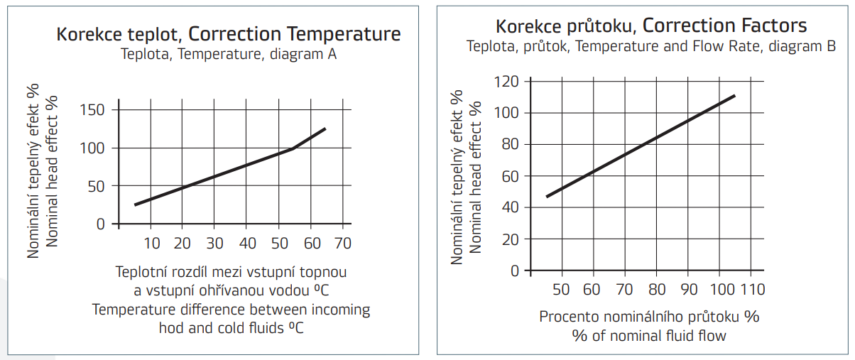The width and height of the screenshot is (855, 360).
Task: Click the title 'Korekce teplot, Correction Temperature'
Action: (228, 34)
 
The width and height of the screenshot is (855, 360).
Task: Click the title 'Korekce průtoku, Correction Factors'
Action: (650, 26)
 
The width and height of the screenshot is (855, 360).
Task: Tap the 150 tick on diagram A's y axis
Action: (92, 110)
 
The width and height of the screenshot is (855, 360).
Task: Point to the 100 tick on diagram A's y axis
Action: (92, 148)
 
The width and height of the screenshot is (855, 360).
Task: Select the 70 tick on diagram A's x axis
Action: (343, 244)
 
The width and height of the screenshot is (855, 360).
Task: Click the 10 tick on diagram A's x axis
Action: (152, 244)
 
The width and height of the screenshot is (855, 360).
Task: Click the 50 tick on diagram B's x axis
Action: (561, 290)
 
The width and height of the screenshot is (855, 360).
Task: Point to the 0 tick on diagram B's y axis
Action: (516, 271)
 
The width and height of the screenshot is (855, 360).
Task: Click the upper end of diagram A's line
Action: (325, 129)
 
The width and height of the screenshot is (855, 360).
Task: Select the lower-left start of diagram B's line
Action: (546, 197)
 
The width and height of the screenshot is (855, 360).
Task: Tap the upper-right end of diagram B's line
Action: (734, 95)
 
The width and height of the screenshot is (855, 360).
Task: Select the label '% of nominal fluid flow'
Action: (649, 335)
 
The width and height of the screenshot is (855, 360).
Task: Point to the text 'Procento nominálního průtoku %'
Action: (649, 317)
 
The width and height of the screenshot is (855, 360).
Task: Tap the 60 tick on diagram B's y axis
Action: (511, 176)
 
